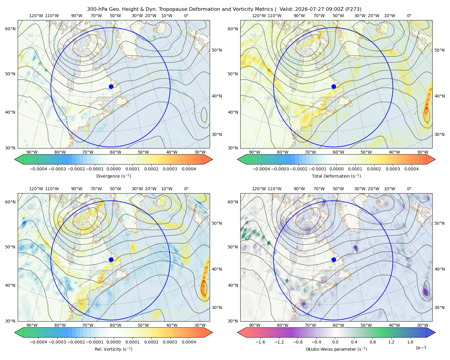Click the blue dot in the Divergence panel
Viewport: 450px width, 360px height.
(x=111, y=86)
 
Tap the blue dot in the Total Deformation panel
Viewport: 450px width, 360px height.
(x=334, y=86)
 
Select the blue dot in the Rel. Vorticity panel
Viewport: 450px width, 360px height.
(x=111, y=259)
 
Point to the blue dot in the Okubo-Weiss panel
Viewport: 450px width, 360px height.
(x=334, y=259)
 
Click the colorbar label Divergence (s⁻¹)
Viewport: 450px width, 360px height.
(x=113, y=176)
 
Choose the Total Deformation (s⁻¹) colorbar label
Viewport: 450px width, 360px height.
(x=336, y=176)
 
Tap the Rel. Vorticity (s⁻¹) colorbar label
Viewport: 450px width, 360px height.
(x=113, y=349)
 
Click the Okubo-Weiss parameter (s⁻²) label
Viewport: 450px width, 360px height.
(x=336, y=349)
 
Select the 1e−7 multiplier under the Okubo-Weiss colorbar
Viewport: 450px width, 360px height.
(x=421, y=348)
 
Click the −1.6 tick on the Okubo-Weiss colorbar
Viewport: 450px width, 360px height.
(x=260, y=342)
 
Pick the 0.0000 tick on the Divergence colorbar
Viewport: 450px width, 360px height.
(x=113, y=169)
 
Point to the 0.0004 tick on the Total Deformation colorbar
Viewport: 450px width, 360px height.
(x=411, y=169)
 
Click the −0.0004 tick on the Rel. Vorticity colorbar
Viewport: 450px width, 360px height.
(x=38, y=342)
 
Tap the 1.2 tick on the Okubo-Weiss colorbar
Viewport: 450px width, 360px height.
(x=391, y=342)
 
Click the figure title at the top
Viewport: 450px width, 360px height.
(x=224, y=9)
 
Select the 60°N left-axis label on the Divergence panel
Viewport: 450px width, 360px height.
(x=10, y=29)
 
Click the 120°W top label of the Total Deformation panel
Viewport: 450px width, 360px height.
(x=259, y=16)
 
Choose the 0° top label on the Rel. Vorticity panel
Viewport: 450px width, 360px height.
(x=186, y=188)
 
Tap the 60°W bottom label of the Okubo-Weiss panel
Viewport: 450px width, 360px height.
(x=338, y=325)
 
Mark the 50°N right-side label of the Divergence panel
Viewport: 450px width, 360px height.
(x=217, y=50)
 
